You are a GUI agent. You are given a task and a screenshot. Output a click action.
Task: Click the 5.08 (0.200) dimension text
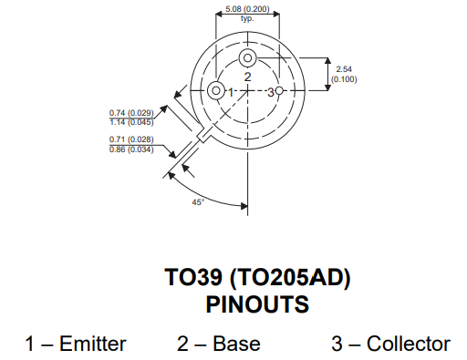[x=247, y=9]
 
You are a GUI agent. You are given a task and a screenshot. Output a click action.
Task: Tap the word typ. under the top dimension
[x=247, y=18]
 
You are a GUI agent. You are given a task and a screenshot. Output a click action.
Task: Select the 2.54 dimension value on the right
[x=343, y=69]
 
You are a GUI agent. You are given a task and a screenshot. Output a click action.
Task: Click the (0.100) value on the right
[x=343, y=79]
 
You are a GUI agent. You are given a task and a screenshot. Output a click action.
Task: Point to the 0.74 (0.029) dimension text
[x=131, y=113]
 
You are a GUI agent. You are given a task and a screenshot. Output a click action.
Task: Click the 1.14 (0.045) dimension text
[x=131, y=122]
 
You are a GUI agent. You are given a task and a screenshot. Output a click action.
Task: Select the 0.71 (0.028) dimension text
[x=131, y=139]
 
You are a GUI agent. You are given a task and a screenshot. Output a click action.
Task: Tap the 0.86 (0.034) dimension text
[x=131, y=148]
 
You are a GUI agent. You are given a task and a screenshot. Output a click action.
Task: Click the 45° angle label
[x=198, y=201]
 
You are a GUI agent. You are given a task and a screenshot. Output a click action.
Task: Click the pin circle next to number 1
[x=215, y=91]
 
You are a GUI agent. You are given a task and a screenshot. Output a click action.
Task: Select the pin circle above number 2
[x=247, y=59]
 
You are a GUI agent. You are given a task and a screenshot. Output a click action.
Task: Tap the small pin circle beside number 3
[x=280, y=91]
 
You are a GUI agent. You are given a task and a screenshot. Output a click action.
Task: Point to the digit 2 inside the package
[x=247, y=77]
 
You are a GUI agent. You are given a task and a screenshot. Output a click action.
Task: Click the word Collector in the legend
[x=408, y=344]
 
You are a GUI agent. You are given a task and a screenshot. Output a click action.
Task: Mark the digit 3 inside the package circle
[x=270, y=92]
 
